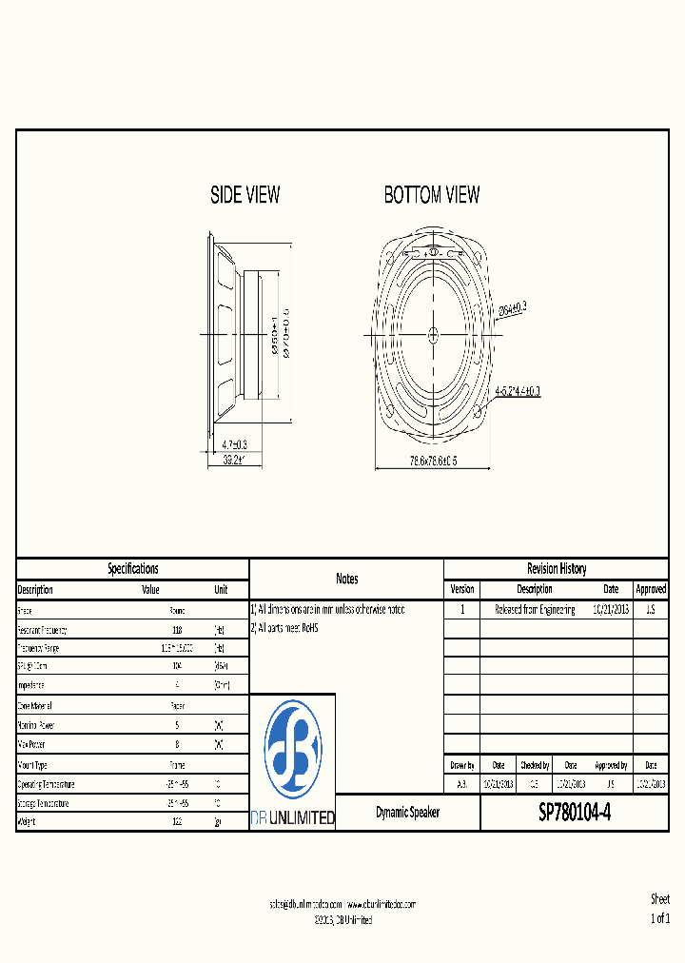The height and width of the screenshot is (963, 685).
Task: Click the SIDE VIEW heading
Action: (245, 195)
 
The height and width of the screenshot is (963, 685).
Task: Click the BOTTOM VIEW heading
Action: (431, 195)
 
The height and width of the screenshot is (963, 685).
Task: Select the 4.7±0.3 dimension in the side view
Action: (234, 444)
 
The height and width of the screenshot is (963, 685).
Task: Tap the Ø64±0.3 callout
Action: (512, 307)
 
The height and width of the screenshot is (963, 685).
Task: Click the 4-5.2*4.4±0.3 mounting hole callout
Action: (517, 391)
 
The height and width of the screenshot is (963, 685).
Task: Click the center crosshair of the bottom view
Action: (433, 333)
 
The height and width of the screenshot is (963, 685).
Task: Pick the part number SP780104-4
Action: (575, 814)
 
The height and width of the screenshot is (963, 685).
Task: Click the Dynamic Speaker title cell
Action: (407, 814)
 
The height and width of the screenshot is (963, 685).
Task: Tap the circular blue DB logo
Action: (292, 749)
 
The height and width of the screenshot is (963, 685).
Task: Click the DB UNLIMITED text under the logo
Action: (292, 817)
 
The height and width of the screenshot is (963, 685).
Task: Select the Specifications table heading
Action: (132, 569)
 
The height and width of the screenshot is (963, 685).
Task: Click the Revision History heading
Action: (556, 569)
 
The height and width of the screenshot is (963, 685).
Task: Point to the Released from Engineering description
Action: (534, 610)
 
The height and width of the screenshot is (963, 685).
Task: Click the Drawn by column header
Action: (461, 765)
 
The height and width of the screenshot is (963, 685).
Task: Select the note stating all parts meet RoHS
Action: (284, 628)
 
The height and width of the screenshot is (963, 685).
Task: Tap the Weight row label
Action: (28, 822)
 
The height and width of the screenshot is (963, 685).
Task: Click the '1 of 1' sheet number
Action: (659, 918)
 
